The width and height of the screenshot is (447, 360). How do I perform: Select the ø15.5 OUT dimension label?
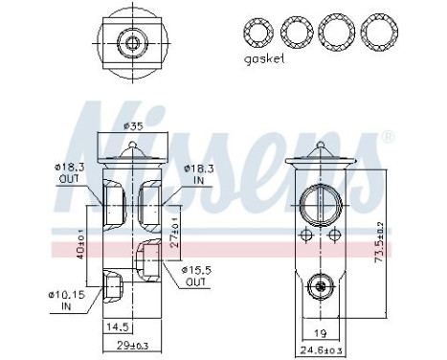pyautogui.click(x=195, y=277)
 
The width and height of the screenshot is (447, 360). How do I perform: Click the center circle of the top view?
pyautogui.click(x=129, y=42)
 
